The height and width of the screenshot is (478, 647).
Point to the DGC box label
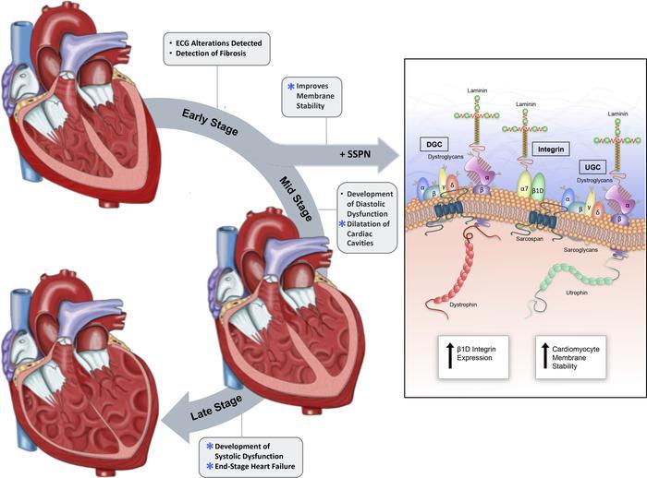434,144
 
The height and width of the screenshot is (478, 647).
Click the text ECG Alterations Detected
218,42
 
